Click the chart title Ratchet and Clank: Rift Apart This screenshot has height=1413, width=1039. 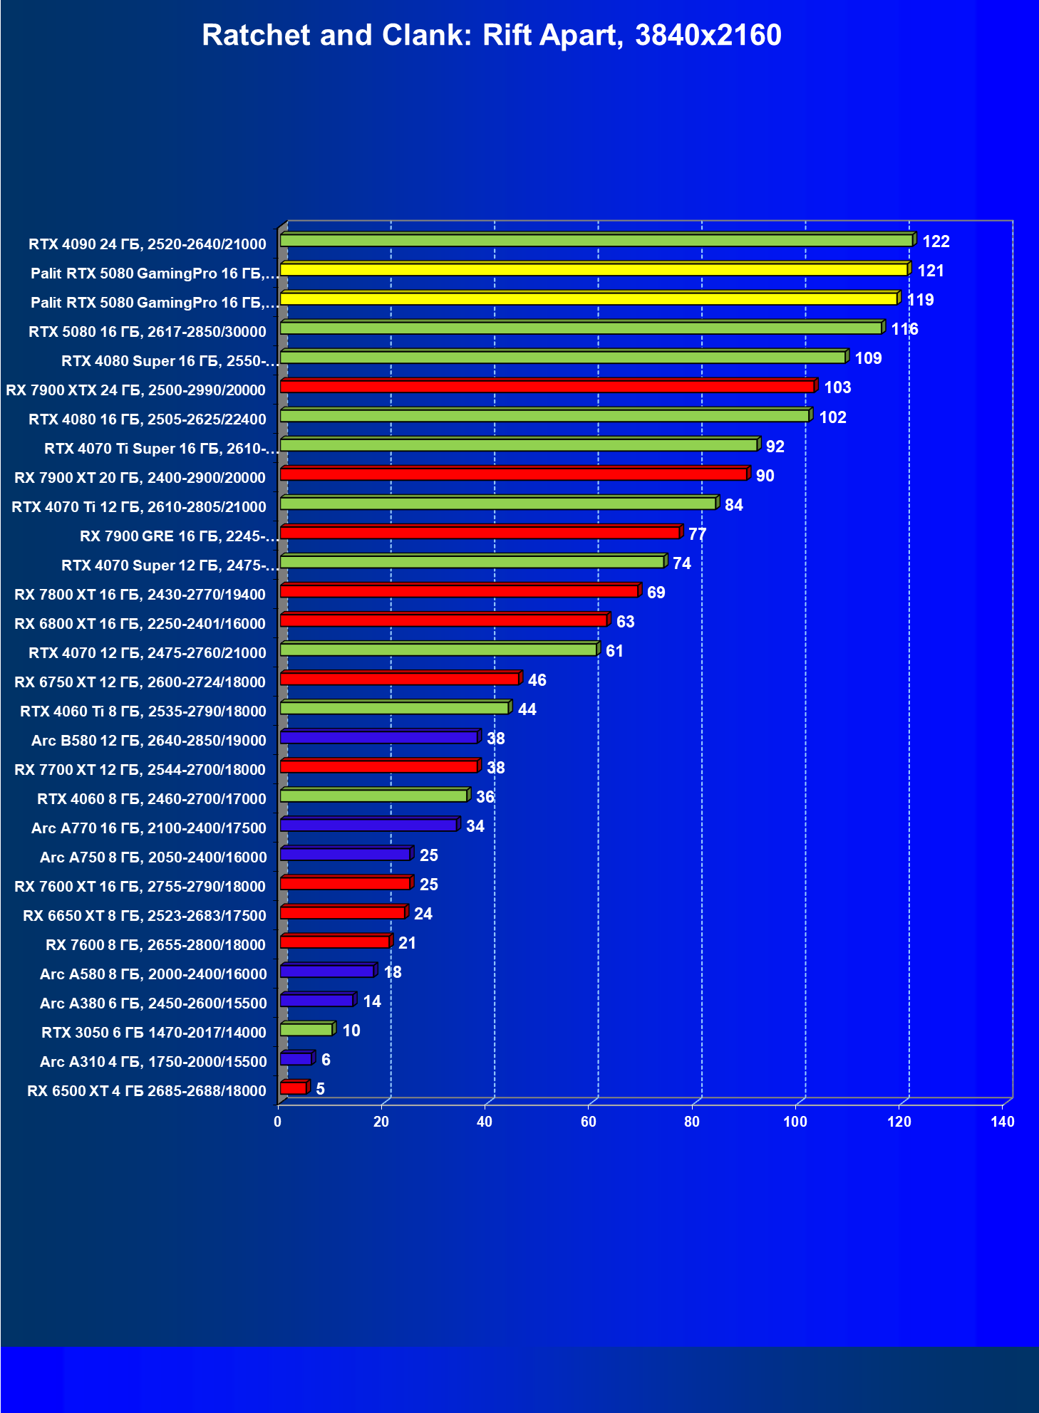point(491,36)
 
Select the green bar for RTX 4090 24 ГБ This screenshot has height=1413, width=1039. point(596,241)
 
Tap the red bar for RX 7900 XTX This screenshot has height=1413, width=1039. point(547,387)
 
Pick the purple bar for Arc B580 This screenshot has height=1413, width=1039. point(379,737)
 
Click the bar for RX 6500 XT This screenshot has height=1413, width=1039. point(294,1088)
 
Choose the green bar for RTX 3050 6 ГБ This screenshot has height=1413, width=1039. point(306,1029)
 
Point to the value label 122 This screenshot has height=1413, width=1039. point(936,241)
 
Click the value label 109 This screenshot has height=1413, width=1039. point(868,358)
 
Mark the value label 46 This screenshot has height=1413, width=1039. point(537,680)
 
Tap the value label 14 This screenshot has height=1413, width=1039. point(372,1001)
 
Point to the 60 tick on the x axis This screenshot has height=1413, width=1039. point(589,1122)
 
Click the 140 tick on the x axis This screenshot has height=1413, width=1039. point(1003,1122)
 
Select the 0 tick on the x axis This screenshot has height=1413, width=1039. point(278,1122)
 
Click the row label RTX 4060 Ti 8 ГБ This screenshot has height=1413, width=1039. point(143,711)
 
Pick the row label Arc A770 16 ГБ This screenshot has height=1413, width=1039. point(149,828)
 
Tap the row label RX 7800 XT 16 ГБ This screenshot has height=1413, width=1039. point(140,594)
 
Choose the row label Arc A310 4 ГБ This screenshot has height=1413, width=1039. point(153,1061)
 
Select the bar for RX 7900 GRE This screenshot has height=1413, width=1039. point(480,533)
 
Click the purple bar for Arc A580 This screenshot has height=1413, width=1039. point(327,971)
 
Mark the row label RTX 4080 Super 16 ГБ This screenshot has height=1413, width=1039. point(170,360)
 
